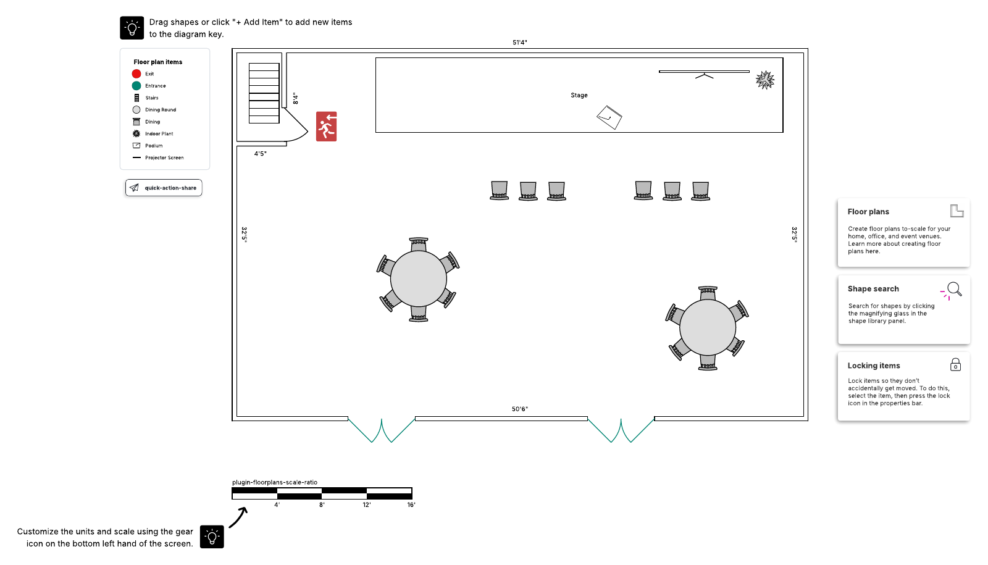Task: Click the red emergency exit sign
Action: (x=327, y=127)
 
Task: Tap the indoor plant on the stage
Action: (x=765, y=80)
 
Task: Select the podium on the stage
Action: (x=609, y=117)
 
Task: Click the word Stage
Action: (x=579, y=95)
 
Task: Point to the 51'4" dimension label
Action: (x=519, y=43)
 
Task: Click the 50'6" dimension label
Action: (x=519, y=409)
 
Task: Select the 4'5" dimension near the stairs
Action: (x=260, y=154)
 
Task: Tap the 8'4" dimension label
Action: (x=296, y=98)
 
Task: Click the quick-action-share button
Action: (x=164, y=188)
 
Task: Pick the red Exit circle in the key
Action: (x=136, y=73)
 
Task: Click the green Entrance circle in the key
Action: (x=136, y=86)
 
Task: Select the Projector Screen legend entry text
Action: (x=164, y=157)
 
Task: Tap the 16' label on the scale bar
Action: (x=411, y=504)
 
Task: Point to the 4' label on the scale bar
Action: (x=277, y=504)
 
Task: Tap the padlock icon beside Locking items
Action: (x=955, y=365)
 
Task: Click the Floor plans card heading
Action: (x=868, y=212)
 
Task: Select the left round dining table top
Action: (x=419, y=278)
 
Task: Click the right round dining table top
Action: (x=708, y=327)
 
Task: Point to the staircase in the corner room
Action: (x=264, y=93)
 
